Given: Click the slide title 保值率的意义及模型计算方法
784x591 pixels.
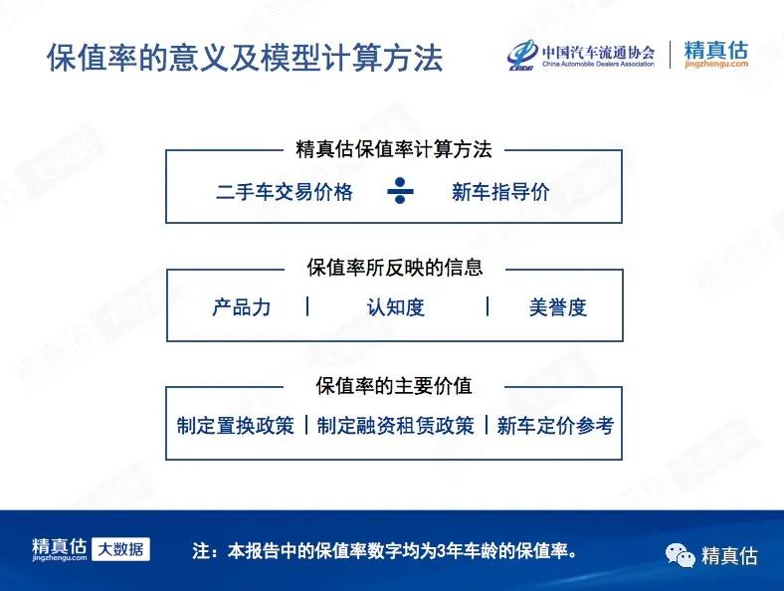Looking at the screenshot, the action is pyautogui.click(x=245, y=58).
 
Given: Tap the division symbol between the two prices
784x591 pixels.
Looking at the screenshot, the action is pyautogui.click(x=400, y=190).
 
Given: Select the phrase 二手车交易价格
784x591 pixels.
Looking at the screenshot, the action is pyautogui.click(x=285, y=191).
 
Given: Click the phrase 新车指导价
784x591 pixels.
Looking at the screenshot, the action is pyautogui.click(x=500, y=191).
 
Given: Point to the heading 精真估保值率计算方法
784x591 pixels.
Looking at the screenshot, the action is pyautogui.click(x=394, y=149).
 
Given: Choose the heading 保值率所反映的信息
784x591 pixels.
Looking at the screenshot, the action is pyautogui.click(x=395, y=268).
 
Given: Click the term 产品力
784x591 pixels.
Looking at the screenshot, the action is pyautogui.click(x=242, y=307).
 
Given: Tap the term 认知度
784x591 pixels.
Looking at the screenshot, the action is pyautogui.click(x=396, y=307).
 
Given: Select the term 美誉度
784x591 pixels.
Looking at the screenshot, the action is pyautogui.click(x=557, y=307).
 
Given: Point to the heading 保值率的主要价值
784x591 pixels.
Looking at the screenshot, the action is pyautogui.click(x=394, y=385).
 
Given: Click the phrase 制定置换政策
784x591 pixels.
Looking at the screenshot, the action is pyautogui.click(x=236, y=426).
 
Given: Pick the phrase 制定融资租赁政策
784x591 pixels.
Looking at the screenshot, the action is pyautogui.click(x=396, y=426).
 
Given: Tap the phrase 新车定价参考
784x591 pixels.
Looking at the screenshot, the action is pyautogui.click(x=555, y=426).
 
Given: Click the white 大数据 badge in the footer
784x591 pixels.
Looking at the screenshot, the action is pyautogui.click(x=121, y=549).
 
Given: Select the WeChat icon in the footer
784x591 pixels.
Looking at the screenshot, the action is pyautogui.click(x=680, y=554).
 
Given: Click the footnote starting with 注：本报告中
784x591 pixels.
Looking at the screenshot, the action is pyautogui.click(x=385, y=550).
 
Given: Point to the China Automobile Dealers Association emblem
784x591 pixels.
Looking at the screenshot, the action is pyautogui.click(x=522, y=56).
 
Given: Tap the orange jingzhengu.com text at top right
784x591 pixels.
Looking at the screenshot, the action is pyautogui.click(x=716, y=64).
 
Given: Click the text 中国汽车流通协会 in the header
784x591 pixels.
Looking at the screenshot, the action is pyautogui.click(x=599, y=52).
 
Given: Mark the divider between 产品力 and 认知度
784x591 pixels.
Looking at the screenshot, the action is pyautogui.click(x=307, y=306).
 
